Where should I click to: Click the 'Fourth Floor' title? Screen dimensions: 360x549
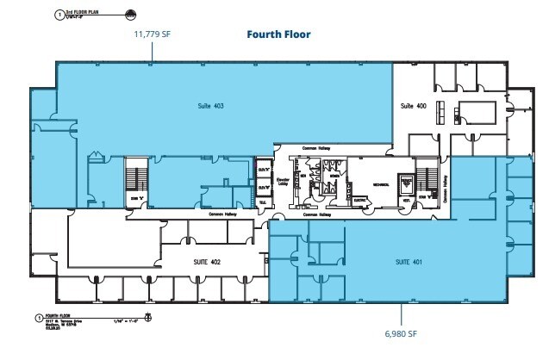278,35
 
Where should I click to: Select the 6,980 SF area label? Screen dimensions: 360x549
400,332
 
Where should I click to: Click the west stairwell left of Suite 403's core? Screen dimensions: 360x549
134,181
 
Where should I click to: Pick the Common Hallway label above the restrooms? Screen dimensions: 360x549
316,147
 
